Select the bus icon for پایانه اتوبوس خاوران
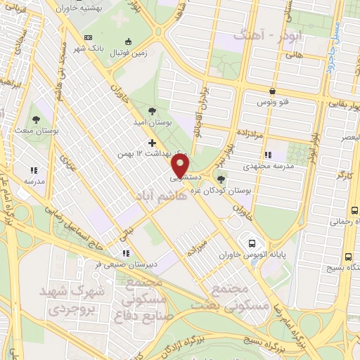(250, 244)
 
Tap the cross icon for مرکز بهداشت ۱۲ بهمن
(151, 143)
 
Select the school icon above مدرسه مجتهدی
(267, 155)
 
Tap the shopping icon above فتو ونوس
(272, 91)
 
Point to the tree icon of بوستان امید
(152, 110)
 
